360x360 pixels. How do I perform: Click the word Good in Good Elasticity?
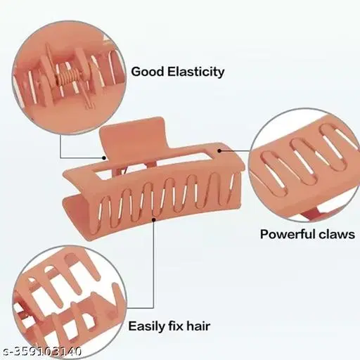[x=147, y=72]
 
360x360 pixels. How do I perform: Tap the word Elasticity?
[x=196, y=72]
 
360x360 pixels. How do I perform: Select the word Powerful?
[x=288, y=234]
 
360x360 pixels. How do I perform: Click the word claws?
[x=337, y=234]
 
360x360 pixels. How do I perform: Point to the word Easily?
[x=147, y=326]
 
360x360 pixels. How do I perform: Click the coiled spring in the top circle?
[x=72, y=75]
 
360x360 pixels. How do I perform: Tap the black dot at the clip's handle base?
[x=104, y=158]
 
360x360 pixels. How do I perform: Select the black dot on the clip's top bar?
[x=219, y=150]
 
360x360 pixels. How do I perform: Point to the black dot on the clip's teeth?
[x=154, y=220]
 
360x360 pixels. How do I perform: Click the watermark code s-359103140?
[x=41, y=352]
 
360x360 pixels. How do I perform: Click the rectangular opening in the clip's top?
[x=153, y=164]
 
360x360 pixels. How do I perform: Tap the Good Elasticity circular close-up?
[x=70, y=77]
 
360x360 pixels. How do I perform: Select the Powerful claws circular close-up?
[x=304, y=165]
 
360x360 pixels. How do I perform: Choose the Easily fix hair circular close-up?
[x=70, y=302]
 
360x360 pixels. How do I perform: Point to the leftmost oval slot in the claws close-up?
[x=274, y=171]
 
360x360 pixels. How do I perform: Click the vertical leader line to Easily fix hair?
[x=154, y=264]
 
